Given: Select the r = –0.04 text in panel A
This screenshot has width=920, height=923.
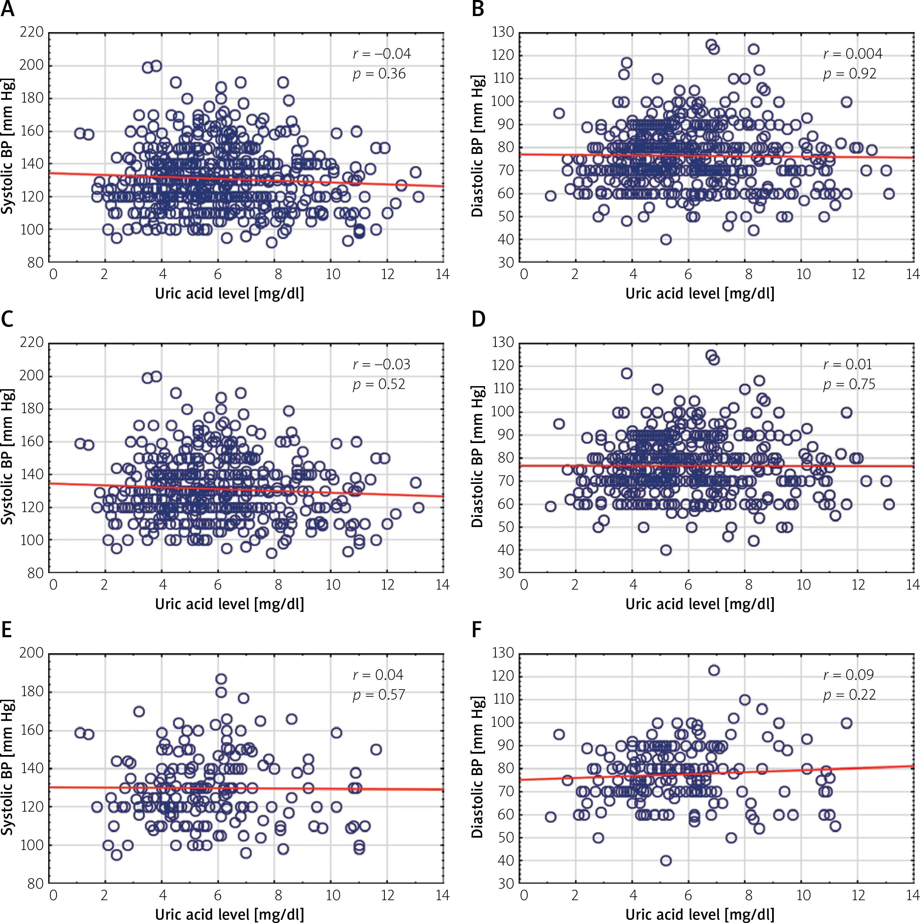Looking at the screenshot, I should point(381,54).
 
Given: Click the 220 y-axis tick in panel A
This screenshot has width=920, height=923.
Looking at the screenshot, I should point(32,32).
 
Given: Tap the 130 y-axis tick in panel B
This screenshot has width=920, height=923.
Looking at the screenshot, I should point(503,32).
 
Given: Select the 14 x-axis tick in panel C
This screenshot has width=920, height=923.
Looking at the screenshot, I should point(443,585).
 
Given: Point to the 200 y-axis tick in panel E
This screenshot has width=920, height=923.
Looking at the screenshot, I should point(32,653).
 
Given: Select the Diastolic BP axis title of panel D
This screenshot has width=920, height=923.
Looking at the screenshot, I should point(477,457).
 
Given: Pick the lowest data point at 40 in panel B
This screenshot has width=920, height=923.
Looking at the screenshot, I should point(666,239).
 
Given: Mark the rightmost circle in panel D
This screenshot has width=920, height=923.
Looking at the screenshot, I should point(888,504).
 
